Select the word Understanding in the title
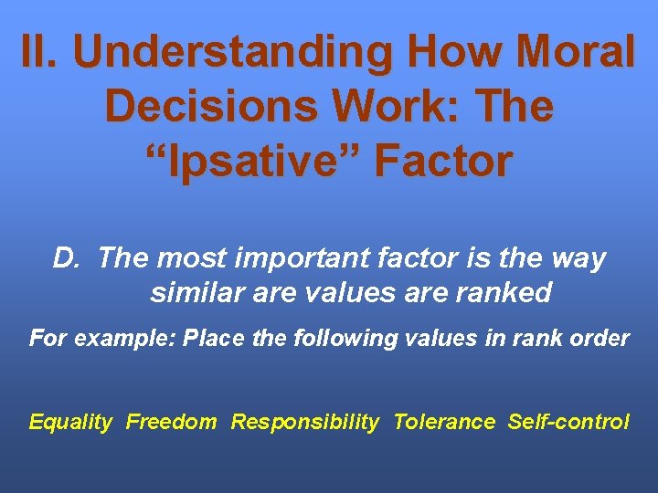click(238, 52)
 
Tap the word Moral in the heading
click(573, 52)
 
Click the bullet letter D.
click(68, 259)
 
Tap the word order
click(600, 339)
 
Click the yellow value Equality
click(70, 422)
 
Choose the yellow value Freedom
click(172, 422)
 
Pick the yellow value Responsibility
click(304, 422)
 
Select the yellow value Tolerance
click(444, 422)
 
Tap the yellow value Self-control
click(568, 422)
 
